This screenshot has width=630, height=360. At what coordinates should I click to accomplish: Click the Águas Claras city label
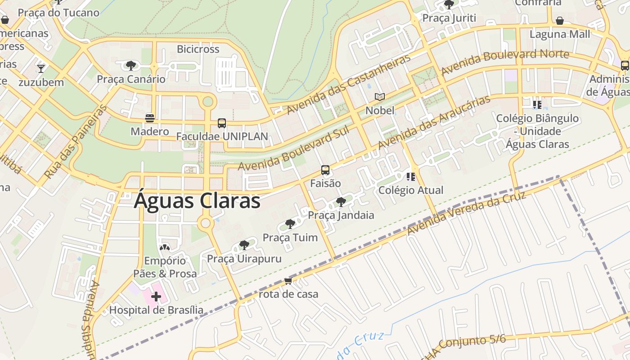click(x=197, y=201)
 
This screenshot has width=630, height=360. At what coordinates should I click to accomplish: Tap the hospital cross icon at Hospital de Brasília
click(x=156, y=296)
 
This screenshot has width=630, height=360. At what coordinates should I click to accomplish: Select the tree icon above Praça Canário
click(x=131, y=66)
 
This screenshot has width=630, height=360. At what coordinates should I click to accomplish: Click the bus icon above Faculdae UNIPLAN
click(x=221, y=123)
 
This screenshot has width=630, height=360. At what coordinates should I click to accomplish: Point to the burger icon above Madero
click(x=150, y=118)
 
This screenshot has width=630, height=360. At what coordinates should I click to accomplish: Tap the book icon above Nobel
click(x=380, y=97)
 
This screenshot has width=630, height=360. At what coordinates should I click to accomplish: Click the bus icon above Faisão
click(x=325, y=170)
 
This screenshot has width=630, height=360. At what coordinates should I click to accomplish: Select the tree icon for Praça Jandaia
click(x=341, y=202)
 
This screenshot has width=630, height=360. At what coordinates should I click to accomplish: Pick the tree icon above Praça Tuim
click(x=290, y=224)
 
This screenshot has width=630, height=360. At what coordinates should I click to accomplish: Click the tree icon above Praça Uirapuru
click(x=244, y=245)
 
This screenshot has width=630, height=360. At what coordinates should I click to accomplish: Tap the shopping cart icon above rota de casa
click(x=288, y=281)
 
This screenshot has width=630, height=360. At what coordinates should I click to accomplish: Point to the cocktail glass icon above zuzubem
click(x=41, y=68)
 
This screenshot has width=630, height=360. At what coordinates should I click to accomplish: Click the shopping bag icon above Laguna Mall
click(x=560, y=21)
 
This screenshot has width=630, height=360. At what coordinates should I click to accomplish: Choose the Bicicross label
click(x=198, y=49)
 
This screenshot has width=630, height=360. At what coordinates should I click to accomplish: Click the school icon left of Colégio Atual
click(x=411, y=176)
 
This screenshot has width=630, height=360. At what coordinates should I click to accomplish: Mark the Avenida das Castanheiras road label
click(x=349, y=84)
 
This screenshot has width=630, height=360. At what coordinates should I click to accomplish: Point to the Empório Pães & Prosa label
click(x=165, y=267)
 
